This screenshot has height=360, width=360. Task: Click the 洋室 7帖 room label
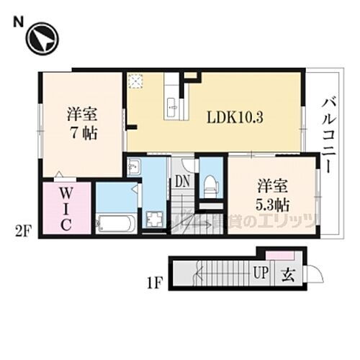[x=83, y=123]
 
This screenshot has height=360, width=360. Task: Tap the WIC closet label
[x=65, y=209]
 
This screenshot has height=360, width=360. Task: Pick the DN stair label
[x=181, y=181]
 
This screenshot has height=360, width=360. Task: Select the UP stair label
[x=260, y=273]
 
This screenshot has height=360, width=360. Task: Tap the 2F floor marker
[x=22, y=230]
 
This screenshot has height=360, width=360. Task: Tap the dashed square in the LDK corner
[x=135, y=80]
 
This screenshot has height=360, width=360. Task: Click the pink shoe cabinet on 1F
[x=278, y=255]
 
